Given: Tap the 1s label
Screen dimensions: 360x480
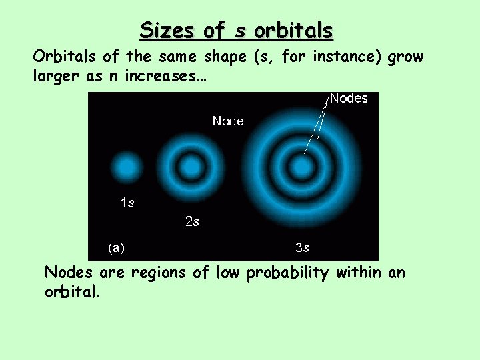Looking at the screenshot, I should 127,203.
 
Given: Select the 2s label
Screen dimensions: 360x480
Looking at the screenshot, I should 192,221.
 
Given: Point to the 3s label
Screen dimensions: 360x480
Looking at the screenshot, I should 302,247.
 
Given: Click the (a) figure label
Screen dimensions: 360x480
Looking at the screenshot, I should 116,247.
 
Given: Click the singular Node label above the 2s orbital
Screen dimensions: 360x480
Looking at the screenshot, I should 228,121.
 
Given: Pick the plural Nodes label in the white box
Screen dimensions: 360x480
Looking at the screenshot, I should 349,99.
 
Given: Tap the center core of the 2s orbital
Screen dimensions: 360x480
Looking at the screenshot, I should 189,166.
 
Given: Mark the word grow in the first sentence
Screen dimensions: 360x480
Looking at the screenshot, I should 405,57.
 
